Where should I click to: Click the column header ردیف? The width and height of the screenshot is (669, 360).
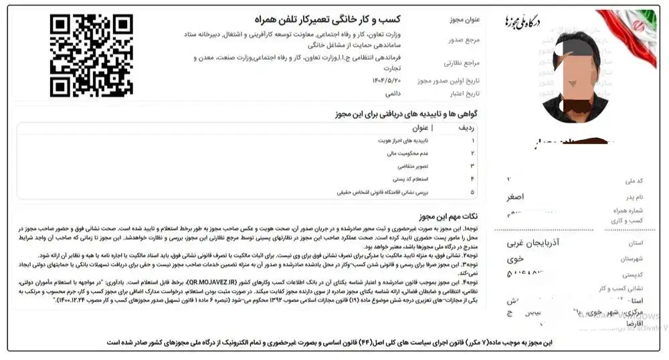[466, 128]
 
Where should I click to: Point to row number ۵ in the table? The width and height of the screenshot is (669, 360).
[472, 192]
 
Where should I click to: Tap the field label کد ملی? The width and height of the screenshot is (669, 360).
[632, 181]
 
